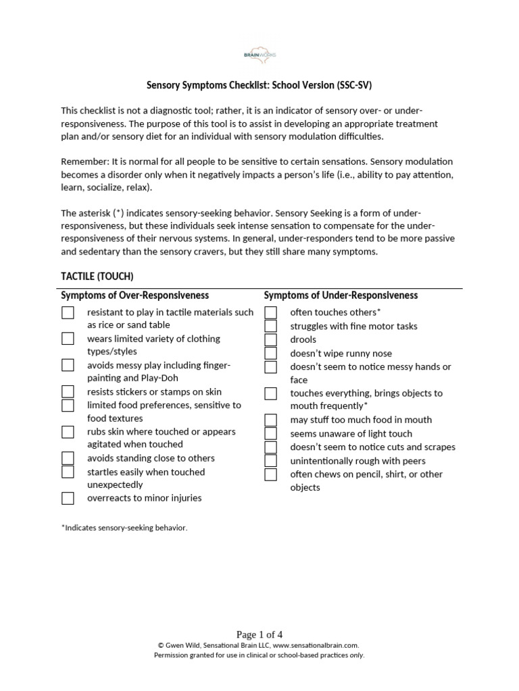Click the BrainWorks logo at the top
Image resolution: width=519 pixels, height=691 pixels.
259,55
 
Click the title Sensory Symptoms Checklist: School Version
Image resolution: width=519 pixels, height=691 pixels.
259,86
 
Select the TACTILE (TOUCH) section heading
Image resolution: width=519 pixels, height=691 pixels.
97,276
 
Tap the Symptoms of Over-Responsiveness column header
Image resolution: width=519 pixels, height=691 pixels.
134,296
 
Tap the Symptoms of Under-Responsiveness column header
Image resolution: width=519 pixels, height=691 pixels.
341,296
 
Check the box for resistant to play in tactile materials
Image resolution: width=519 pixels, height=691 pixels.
68,312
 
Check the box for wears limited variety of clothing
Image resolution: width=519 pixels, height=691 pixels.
68,339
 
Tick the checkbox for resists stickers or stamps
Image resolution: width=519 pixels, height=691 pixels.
68,391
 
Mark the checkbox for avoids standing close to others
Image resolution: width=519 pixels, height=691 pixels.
68,458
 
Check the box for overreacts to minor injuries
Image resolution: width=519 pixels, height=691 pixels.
68,499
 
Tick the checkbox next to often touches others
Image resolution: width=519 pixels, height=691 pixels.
271,312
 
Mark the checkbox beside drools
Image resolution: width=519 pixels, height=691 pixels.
271,339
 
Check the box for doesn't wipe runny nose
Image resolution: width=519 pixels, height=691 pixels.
271,353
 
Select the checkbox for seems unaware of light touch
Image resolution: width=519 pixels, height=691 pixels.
271,433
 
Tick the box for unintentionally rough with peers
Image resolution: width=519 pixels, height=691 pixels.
271,461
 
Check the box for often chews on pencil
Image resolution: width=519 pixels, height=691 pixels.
271,474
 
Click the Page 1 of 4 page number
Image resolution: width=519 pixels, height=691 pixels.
259,634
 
